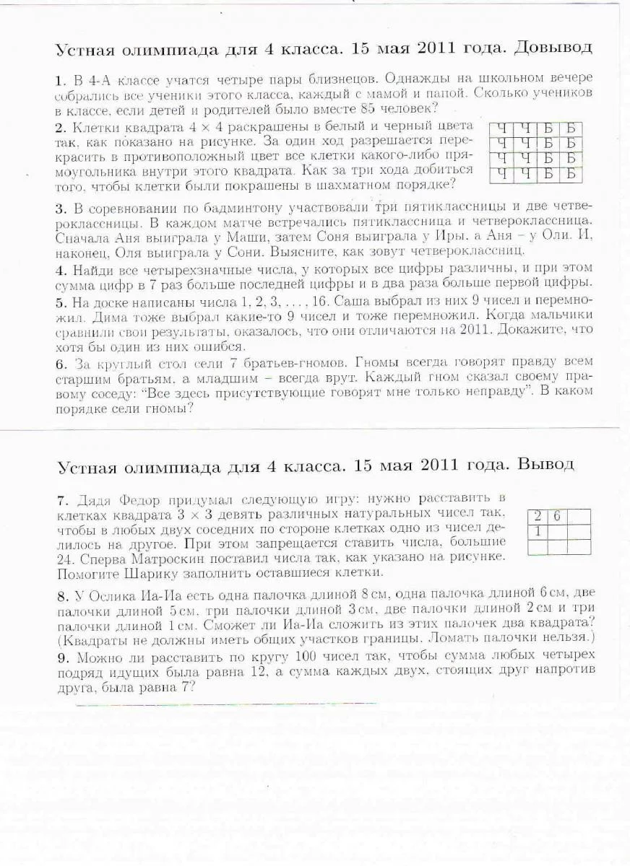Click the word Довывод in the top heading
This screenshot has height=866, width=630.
tap(553, 48)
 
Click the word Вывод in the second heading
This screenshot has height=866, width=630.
tap(546, 464)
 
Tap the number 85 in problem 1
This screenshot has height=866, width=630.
tap(367, 109)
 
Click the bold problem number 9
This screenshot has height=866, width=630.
tap(60, 656)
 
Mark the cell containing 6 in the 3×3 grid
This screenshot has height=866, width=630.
tap(557, 517)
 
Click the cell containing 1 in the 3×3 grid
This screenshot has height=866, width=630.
tap(537, 532)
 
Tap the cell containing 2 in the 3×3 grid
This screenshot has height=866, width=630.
tap(537, 517)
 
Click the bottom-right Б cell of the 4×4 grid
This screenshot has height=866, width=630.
tap(570, 173)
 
